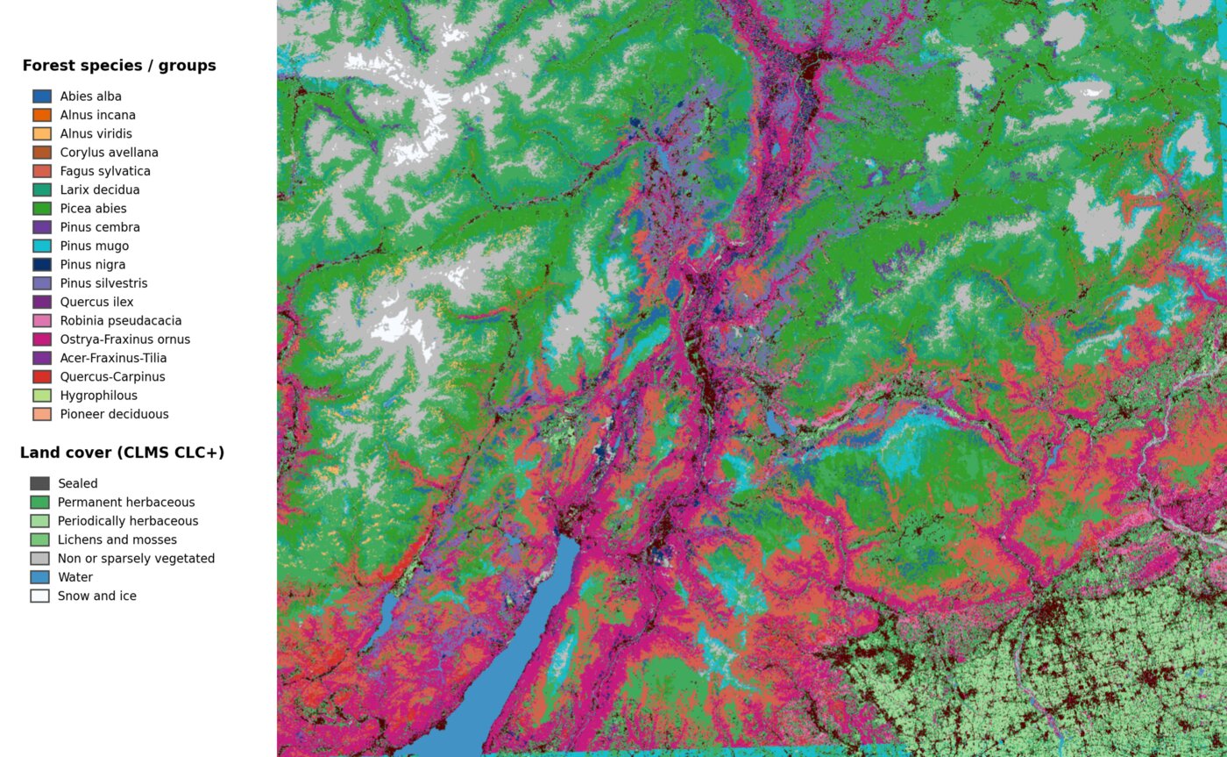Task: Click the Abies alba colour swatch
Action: click(42, 96)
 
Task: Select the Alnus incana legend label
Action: click(97, 115)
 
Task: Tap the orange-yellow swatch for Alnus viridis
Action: click(42, 133)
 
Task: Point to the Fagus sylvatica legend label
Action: click(104, 171)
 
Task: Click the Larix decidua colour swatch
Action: click(42, 189)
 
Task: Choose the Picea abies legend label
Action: click(93, 209)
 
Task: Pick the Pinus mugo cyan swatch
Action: click(42, 246)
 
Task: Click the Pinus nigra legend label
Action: click(92, 265)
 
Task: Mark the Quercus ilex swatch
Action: click(42, 302)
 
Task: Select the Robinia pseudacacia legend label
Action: click(120, 321)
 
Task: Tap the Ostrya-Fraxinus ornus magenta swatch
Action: click(42, 339)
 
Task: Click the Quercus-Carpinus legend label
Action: click(112, 377)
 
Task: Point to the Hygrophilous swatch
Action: click(42, 396)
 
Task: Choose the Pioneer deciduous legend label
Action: click(114, 414)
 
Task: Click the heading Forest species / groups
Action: click(119, 66)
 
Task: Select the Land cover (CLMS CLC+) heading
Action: click(122, 453)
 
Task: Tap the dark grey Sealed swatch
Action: click(39, 483)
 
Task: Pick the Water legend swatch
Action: click(39, 577)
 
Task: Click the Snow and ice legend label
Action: click(96, 596)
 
